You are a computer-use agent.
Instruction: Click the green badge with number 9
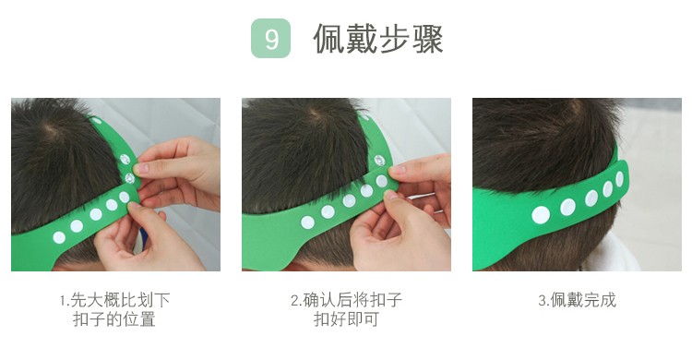[x=270, y=39]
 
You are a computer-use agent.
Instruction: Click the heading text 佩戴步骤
[x=377, y=39]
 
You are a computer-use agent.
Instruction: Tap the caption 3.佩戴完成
[x=577, y=300]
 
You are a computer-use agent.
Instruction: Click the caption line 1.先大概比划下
[x=114, y=300]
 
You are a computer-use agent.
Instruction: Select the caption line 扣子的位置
[x=114, y=318]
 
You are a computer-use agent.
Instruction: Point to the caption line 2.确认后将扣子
[x=346, y=300]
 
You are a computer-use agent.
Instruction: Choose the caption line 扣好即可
[x=346, y=318]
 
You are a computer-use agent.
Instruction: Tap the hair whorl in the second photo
[x=316, y=114]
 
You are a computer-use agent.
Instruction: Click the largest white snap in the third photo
[x=541, y=215]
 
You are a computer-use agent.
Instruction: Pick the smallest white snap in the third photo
[x=620, y=179]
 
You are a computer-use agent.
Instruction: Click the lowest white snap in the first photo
[x=59, y=237]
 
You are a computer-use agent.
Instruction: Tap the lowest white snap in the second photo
[x=307, y=222]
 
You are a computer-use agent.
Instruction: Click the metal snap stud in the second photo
[x=379, y=161]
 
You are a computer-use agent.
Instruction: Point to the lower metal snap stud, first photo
[x=130, y=178]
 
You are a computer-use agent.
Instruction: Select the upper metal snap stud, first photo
[x=125, y=159]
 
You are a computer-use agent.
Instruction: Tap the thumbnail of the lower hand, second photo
[x=390, y=195]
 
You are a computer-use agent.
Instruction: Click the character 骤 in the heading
[x=427, y=39]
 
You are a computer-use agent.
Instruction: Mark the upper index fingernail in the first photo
[x=141, y=168]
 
